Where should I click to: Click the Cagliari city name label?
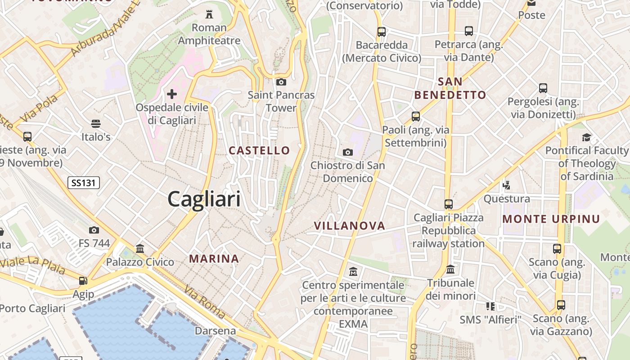click(x=204, y=199)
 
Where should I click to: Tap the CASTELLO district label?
click(x=260, y=150)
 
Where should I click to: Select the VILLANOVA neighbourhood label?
click(x=350, y=226)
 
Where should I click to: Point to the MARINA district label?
click(x=214, y=259)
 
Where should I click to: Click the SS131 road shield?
click(x=84, y=183)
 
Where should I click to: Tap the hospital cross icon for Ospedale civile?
click(x=172, y=94)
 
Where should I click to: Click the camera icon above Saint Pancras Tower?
click(x=281, y=82)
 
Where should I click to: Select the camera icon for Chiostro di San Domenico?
click(x=348, y=152)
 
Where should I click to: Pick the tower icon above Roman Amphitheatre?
click(x=209, y=14)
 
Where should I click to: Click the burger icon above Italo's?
click(x=95, y=123)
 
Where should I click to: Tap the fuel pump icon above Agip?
click(x=83, y=281)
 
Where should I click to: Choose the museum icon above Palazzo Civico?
click(x=140, y=248)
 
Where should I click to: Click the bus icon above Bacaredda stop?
click(x=382, y=31)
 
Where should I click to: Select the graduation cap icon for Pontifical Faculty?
click(x=586, y=137)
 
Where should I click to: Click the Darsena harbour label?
click(x=215, y=331)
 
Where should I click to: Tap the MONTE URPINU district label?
click(x=551, y=219)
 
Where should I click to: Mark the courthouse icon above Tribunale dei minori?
click(x=450, y=270)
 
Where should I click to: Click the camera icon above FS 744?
click(x=94, y=230)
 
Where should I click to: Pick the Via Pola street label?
click(x=39, y=108)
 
